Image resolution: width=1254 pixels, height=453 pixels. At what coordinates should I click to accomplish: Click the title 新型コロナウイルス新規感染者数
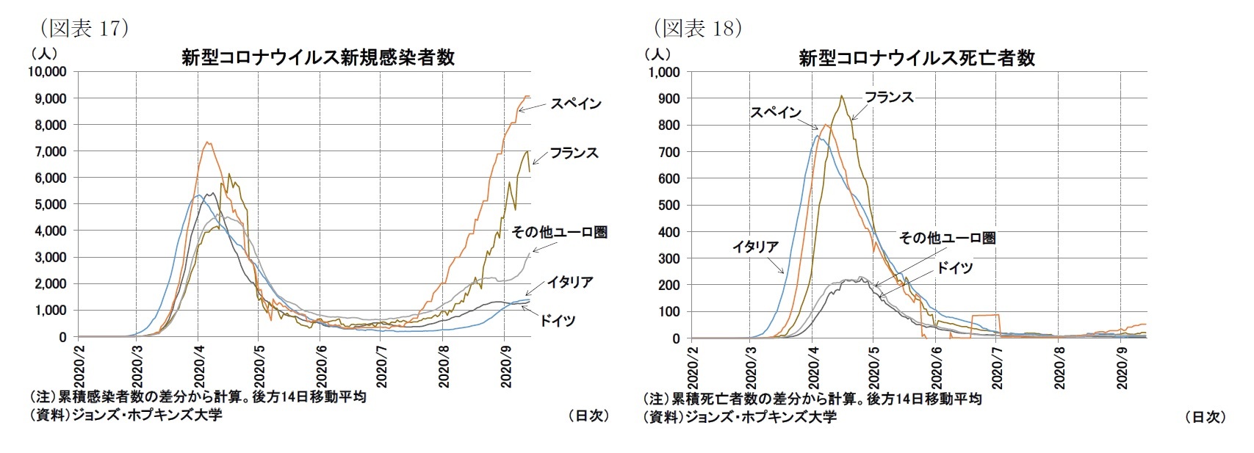pyautogui.click(x=317, y=58)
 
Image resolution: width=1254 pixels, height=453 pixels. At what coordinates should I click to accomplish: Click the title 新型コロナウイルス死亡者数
pyautogui.click(x=916, y=58)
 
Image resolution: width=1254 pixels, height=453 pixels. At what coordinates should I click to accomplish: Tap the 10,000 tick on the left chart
pyautogui.click(x=47, y=72)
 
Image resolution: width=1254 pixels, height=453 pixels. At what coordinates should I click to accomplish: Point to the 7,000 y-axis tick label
pyautogui.click(x=51, y=151)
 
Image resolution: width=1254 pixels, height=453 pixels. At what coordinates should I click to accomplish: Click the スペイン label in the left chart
pyautogui.click(x=576, y=104)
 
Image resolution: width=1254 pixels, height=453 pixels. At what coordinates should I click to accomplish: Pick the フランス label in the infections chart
pyautogui.click(x=574, y=153)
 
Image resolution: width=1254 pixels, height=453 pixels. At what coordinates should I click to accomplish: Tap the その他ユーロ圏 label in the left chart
pyautogui.click(x=559, y=232)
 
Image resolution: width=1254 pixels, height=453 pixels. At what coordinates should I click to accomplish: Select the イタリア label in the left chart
pyautogui.click(x=569, y=282)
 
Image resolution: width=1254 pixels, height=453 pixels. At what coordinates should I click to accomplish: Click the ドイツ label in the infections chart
pyautogui.click(x=558, y=320)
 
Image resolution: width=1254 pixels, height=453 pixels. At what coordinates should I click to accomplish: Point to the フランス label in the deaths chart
pyautogui.click(x=888, y=97)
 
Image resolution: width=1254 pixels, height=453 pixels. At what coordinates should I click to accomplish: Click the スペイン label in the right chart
pyautogui.click(x=775, y=112)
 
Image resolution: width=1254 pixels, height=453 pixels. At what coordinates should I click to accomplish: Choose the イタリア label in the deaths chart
pyautogui.click(x=754, y=247)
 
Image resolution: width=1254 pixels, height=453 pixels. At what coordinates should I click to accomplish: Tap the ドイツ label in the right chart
pyautogui.click(x=954, y=268)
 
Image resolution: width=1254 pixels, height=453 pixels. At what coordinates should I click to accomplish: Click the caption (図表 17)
pyautogui.click(x=84, y=29)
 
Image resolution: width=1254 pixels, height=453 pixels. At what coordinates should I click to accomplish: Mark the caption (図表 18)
pyautogui.click(x=698, y=29)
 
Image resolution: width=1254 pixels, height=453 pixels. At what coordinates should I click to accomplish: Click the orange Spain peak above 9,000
pyautogui.click(x=527, y=96)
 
